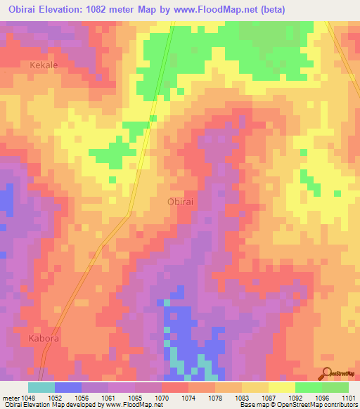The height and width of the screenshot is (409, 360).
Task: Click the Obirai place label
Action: coord(181,202)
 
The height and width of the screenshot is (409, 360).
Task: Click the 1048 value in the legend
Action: coord(29,397)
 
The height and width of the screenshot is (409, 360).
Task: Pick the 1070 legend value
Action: coord(162,397)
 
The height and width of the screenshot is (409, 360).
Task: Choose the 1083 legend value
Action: coord(242,397)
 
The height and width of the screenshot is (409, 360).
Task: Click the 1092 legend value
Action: coord(295,397)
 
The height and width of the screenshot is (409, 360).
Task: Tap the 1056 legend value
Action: coord(82,397)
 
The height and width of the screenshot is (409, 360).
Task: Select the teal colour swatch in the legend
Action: coord(41,387)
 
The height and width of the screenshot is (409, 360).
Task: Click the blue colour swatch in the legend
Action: coord(68,387)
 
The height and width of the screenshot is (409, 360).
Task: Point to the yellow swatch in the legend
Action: coord(282,387)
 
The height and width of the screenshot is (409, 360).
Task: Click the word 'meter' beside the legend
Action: coord(9,397)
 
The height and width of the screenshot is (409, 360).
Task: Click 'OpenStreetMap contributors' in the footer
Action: coord(309,405)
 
